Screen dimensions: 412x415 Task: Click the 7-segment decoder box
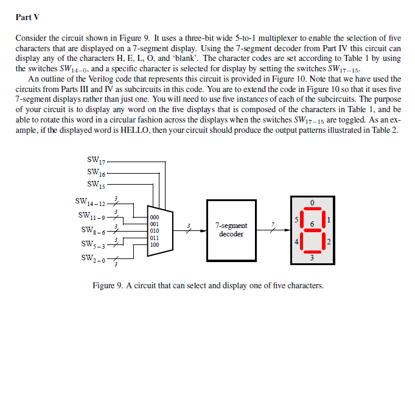point(231,229)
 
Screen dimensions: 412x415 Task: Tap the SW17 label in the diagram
point(96,162)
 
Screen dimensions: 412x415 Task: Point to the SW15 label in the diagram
point(96,183)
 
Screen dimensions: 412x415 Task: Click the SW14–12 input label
point(90,202)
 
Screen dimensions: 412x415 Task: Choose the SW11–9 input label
point(92,215)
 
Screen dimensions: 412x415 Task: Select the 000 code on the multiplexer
point(155,217)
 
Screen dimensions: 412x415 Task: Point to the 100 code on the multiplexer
point(155,244)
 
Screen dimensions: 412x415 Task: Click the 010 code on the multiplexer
point(155,231)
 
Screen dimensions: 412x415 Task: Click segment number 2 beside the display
point(329,242)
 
